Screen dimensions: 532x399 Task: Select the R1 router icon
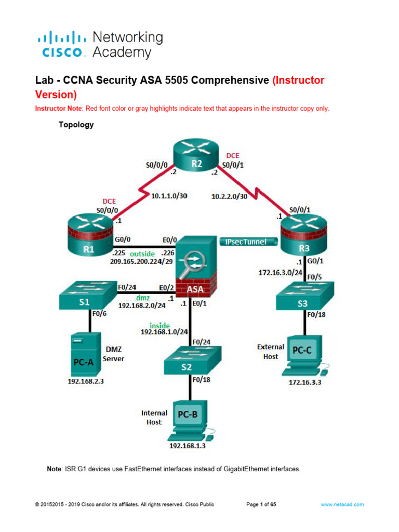(x=89, y=239)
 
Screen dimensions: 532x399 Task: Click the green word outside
(x=142, y=254)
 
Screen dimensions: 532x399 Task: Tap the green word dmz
(x=142, y=298)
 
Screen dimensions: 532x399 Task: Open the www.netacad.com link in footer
(x=342, y=504)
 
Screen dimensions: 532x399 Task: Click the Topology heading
(x=76, y=125)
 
